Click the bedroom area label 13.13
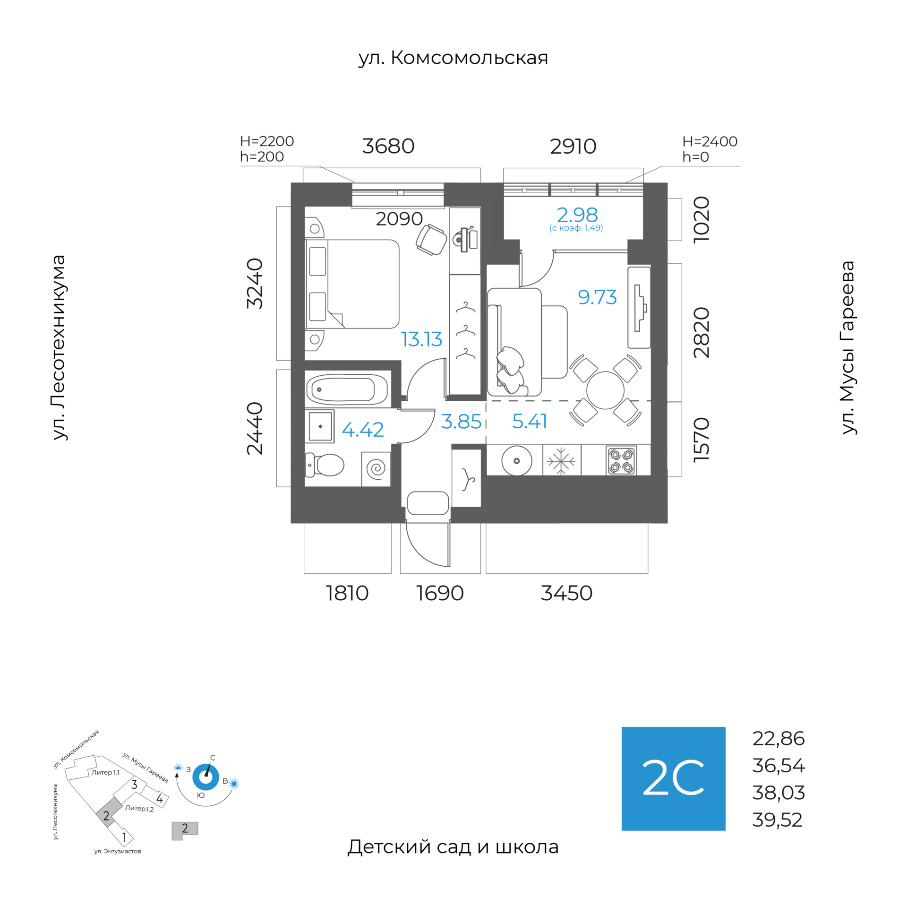pyautogui.click(x=421, y=339)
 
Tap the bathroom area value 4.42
pyautogui.click(x=362, y=430)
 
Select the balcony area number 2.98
pyautogui.click(x=577, y=216)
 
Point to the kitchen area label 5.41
pyautogui.click(x=530, y=421)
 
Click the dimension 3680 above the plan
pyautogui.click(x=388, y=147)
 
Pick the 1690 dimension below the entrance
pyautogui.click(x=440, y=593)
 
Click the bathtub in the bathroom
pyautogui.click(x=347, y=390)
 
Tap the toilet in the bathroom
pyautogui.click(x=327, y=465)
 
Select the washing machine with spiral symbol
pyautogui.click(x=376, y=469)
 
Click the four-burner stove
pyautogui.click(x=621, y=461)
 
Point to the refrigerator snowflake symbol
pyautogui.click(x=561, y=460)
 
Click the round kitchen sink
pyautogui.click(x=516, y=460)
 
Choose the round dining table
pyautogui.click(x=605, y=390)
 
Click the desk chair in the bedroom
pyautogui.click(x=431, y=240)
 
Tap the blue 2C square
pyautogui.click(x=673, y=778)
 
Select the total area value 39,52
pyautogui.click(x=778, y=820)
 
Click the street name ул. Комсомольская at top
pyautogui.click(x=453, y=58)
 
